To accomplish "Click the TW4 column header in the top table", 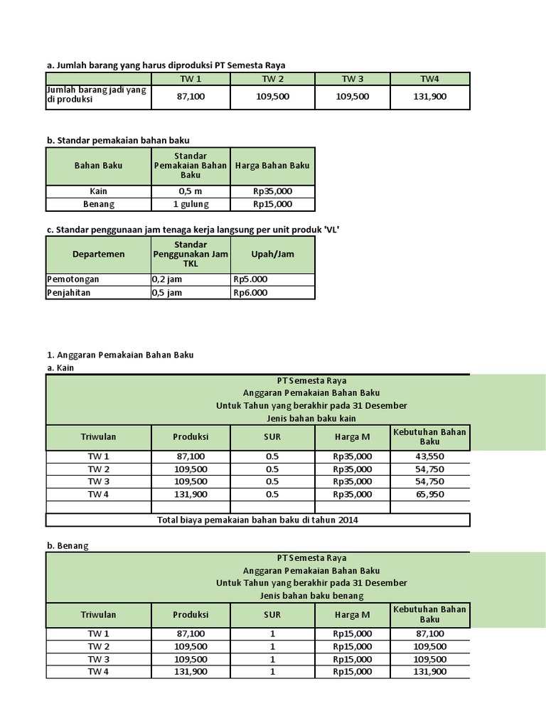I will [429, 78].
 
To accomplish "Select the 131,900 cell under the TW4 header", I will [429, 96].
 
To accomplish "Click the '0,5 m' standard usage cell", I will [191, 191].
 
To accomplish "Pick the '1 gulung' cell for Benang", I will [191, 204].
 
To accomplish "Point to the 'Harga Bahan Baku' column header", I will [272, 166].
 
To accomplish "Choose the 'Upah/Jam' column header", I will [272, 254].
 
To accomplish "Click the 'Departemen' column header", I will [98, 254].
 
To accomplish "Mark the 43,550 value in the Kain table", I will [429, 456].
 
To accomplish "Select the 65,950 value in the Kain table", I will [429, 494].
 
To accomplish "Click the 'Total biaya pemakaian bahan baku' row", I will [257, 520].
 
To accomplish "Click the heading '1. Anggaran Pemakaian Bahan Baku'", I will [120, 354].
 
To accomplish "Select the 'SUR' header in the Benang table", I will [272, 614].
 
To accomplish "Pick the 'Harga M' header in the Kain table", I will [352, 437].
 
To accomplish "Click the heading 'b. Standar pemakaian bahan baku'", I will [117, 140].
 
